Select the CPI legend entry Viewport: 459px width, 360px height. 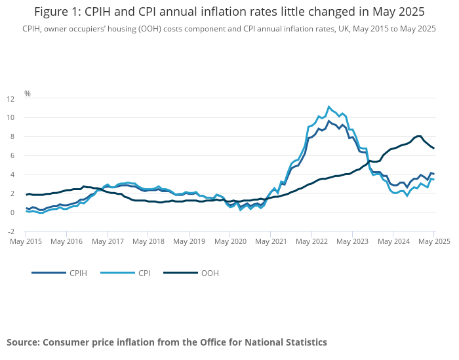(143, 273)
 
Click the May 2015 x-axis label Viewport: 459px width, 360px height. (26, 241)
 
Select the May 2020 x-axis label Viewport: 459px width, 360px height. (230, 241)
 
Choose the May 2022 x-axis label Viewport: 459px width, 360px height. (311, 241)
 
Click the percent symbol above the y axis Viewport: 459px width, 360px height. (28, 93)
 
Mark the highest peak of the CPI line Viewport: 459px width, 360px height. (329, 106)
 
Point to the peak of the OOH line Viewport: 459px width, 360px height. (419, 136)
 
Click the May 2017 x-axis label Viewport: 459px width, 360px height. (108, 241)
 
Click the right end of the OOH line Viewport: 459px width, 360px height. (433, 148)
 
